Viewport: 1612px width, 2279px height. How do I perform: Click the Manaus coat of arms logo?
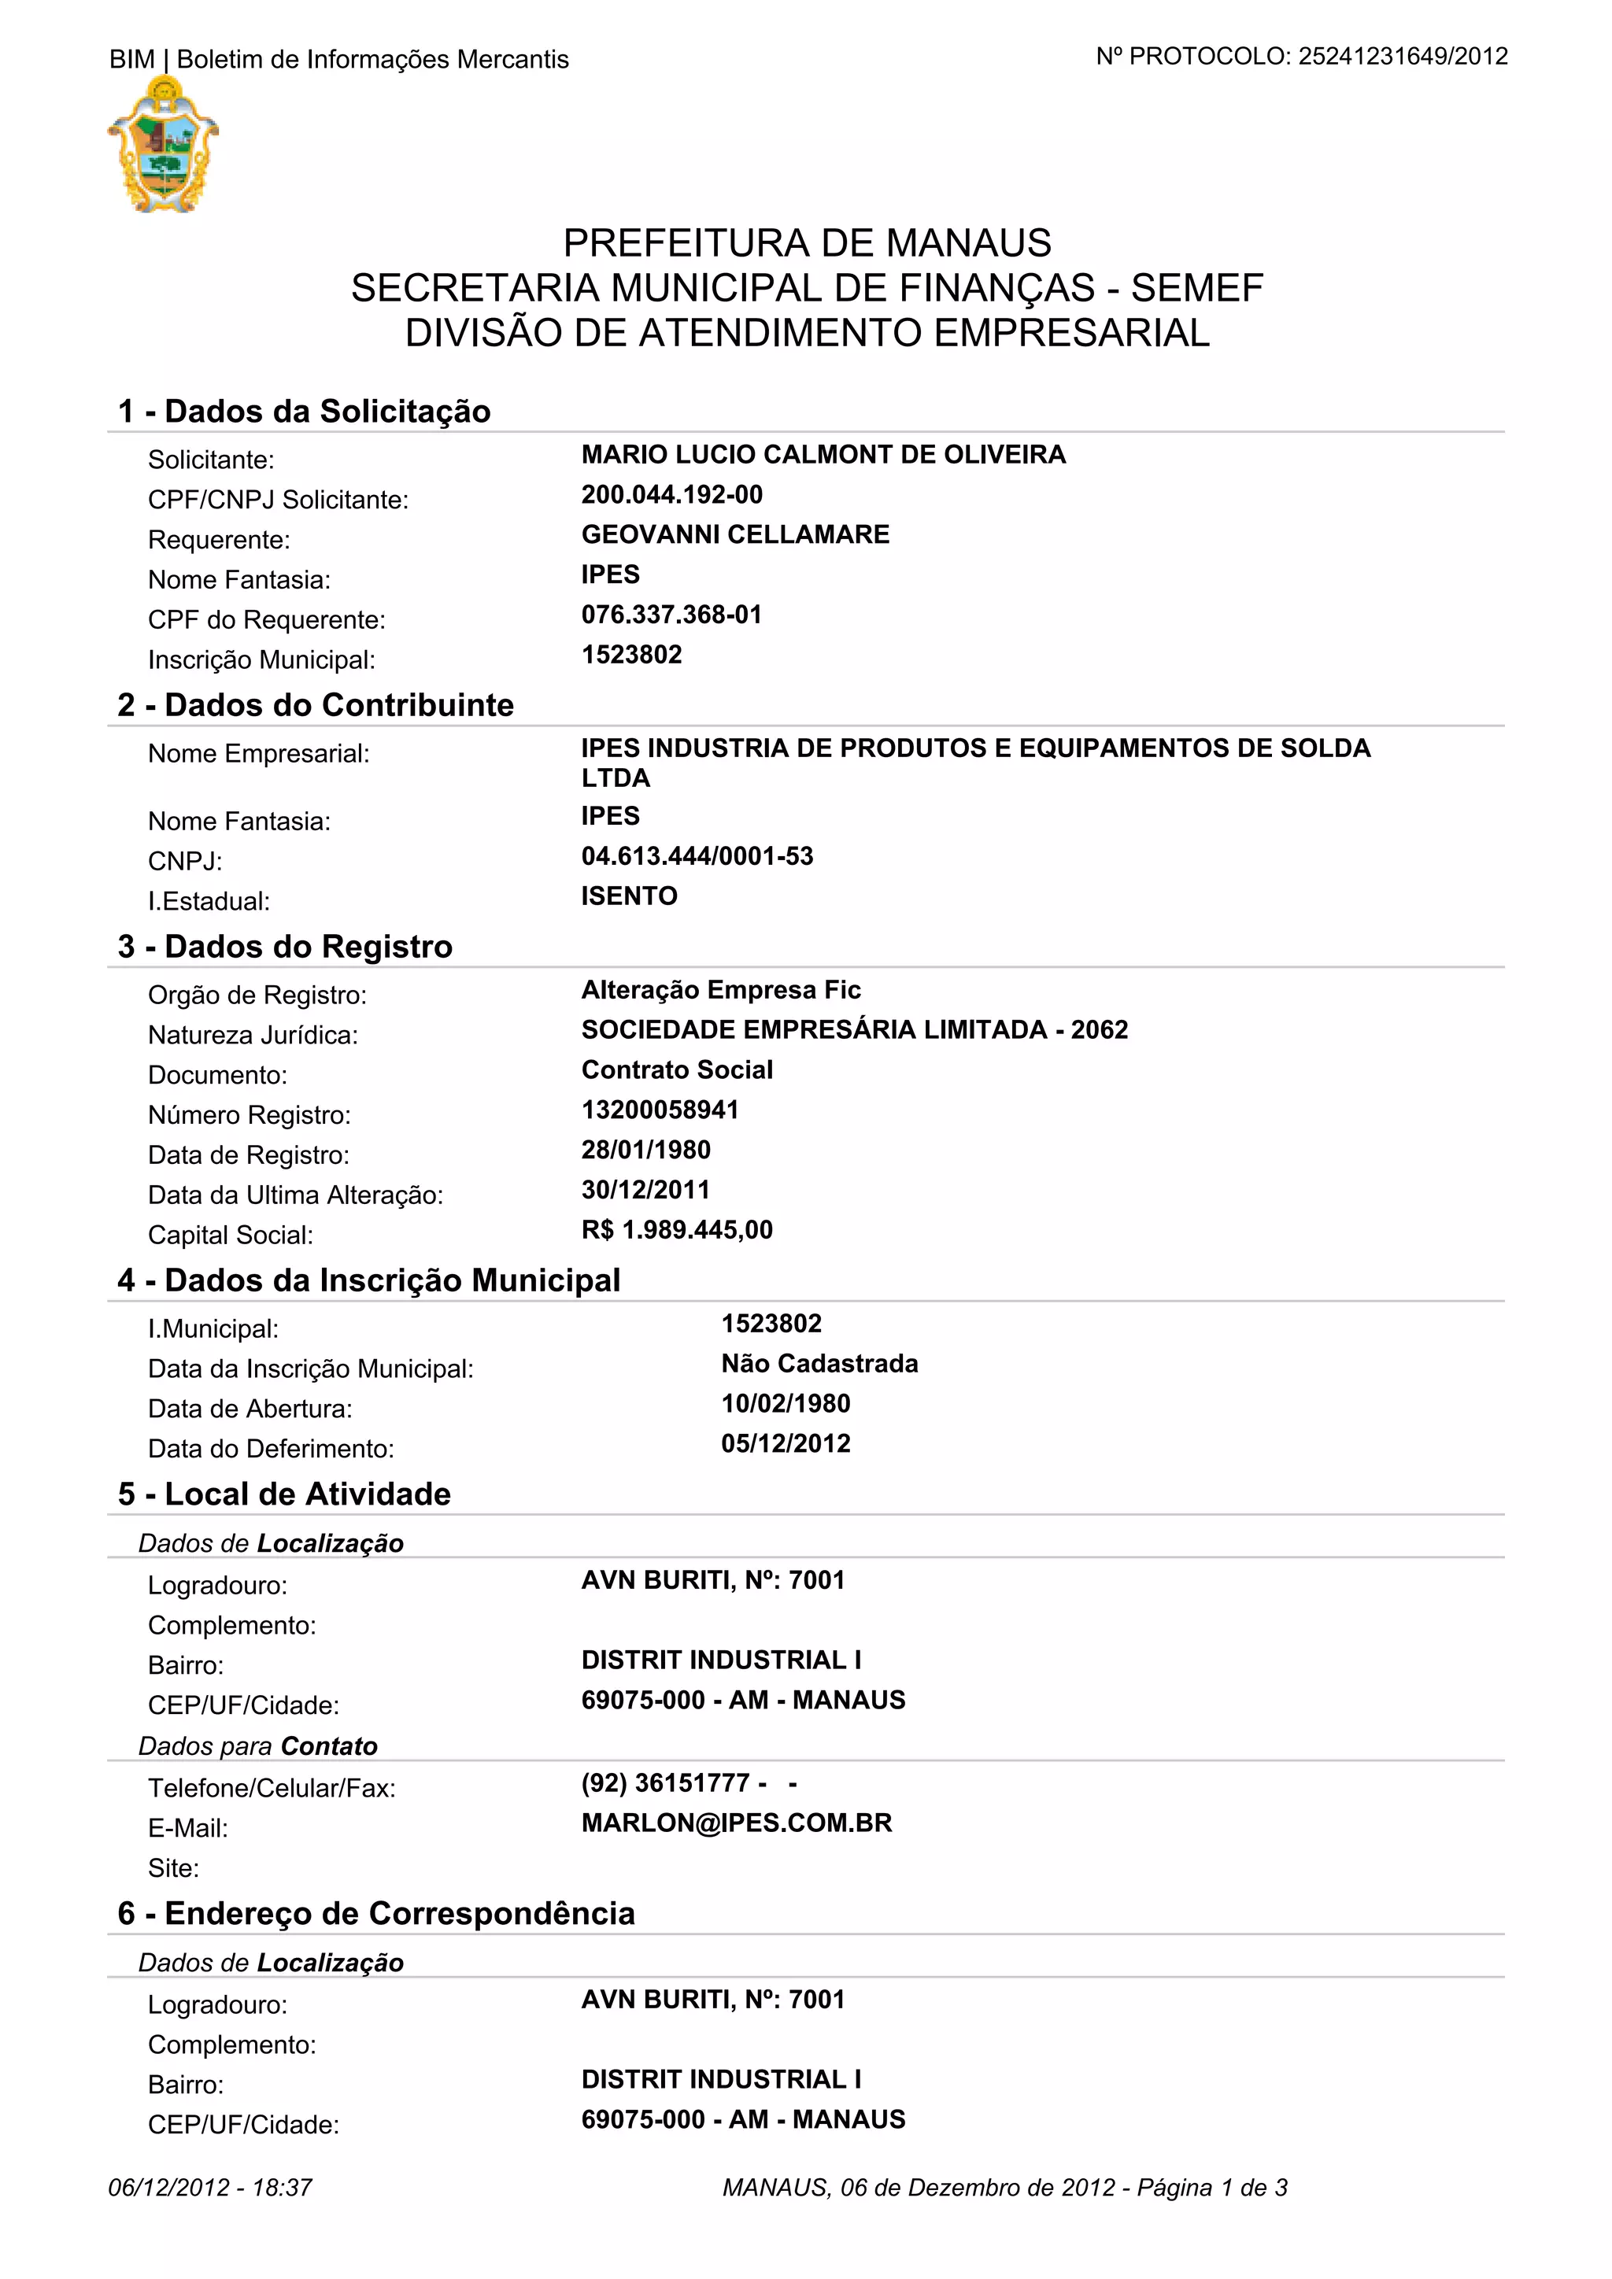pos(163,145)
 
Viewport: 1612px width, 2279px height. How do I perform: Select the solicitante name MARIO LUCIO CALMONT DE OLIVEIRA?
pos(823,455)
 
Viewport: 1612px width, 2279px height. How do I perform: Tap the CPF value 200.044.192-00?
pos(672,494)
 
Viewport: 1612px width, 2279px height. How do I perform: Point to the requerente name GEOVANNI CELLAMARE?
pos(734,534)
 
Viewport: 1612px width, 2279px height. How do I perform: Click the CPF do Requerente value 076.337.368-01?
pos(671,615)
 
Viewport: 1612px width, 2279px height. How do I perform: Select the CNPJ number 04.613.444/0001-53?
pos(697,855)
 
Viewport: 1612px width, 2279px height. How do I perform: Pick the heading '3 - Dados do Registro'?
pos(285,946)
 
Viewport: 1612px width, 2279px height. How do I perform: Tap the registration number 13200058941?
pos(660,1110)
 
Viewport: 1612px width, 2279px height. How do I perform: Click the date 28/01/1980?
pos(646,1150)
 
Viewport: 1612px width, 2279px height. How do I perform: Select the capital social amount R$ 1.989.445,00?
pos(677,1230)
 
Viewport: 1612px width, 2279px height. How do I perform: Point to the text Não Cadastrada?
pos(819,1364)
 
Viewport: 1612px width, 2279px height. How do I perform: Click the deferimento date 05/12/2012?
pos(786,1443)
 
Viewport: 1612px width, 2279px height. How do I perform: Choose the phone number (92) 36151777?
pos(665,1782)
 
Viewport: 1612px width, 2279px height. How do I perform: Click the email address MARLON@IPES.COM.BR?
pos(737,1823)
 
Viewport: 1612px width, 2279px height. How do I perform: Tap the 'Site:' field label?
pos(174,1868)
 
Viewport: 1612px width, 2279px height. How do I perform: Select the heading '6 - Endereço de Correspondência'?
pos(376,1913)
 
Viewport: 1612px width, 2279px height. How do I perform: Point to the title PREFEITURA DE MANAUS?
pos(807,243)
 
